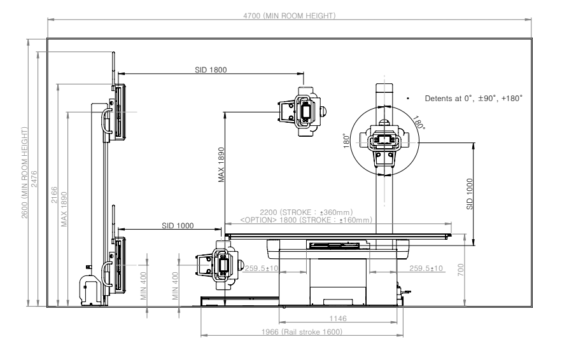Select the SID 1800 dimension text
(211, 69)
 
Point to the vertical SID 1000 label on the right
(470, 193)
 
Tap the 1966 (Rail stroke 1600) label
(303, 332)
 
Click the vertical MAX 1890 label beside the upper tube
(221, 167)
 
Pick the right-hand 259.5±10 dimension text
(426, 268)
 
